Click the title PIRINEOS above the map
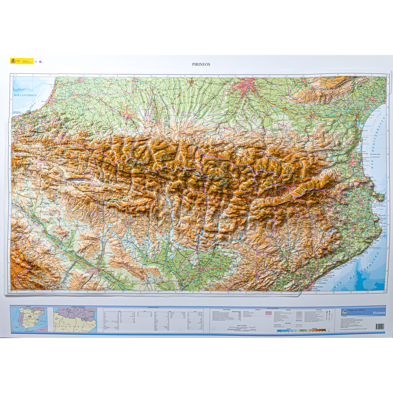point(201,65)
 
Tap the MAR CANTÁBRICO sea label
point(25,95)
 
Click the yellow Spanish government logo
point(13,61)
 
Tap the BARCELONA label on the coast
point(317,287)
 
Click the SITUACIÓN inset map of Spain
point(28,319)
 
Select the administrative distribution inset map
point(75,319)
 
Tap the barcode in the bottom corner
point(380,327)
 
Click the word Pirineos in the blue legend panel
point(379,313)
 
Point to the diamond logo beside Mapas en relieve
point(344,311)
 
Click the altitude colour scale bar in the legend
point(301,330)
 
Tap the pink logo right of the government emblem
point(40,61)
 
